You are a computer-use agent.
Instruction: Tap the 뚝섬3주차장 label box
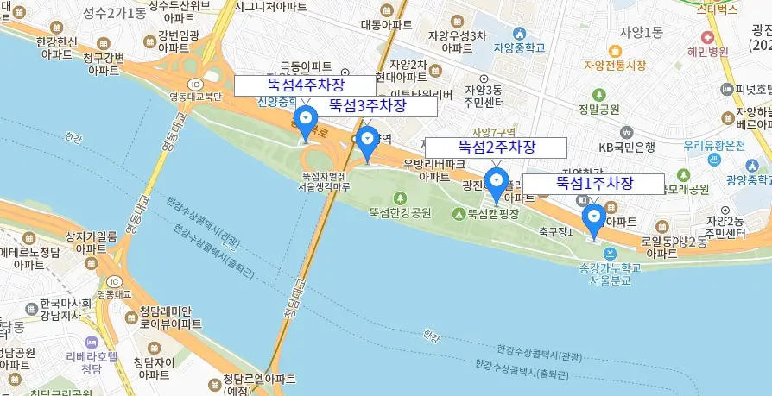(367, 106)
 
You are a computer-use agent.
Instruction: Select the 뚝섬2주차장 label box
(496, 148)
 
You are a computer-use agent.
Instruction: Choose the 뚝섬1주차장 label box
(593, 184)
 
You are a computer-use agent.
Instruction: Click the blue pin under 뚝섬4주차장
(305, 122)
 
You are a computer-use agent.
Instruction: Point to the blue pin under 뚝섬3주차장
(368, 142)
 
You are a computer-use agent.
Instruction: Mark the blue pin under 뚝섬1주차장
(593, 219)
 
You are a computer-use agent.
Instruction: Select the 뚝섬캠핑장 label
(494, 214)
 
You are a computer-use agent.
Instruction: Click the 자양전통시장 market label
(615, 65)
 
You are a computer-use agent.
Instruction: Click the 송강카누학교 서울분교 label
(611, 274)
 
